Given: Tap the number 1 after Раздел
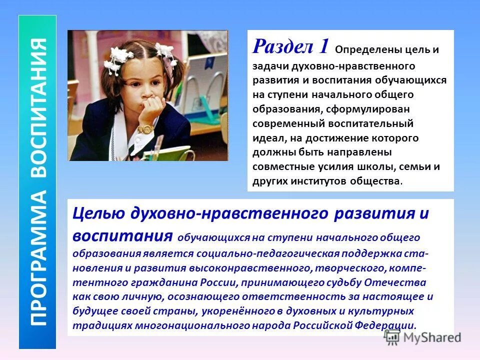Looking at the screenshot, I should (323, 46).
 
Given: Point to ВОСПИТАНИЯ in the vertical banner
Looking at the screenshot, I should (37, 107).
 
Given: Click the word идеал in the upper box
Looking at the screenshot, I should (269, 137).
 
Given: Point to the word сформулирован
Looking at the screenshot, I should (359, 108).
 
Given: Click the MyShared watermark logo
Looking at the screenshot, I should (422, 337).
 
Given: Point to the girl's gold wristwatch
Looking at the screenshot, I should (145, 128).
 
